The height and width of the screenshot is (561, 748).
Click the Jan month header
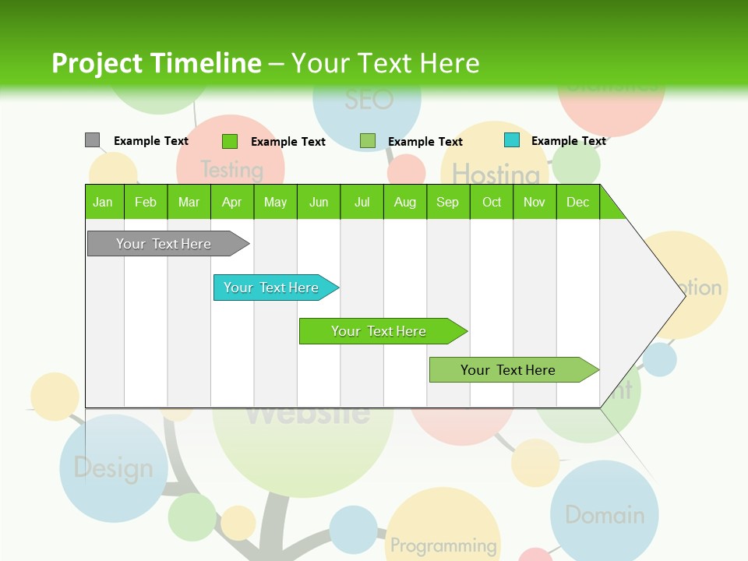103,202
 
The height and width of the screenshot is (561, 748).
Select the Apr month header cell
231,202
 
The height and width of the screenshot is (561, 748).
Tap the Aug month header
404,202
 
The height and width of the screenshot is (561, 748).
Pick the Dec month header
577,202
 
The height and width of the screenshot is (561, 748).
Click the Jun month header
318,202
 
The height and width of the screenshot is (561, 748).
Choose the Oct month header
491,202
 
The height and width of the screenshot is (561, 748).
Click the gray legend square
92,140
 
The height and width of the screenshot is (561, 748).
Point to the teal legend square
511,140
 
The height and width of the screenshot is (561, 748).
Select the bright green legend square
229,141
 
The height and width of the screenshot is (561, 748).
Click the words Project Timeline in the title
156,63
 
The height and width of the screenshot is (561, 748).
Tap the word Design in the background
114,468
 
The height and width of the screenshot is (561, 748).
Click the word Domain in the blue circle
605,515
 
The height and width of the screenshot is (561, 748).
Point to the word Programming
443,545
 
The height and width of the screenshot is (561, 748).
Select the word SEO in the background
369,101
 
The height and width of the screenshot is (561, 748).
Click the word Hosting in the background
496,174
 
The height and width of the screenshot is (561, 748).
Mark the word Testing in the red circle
231,169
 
